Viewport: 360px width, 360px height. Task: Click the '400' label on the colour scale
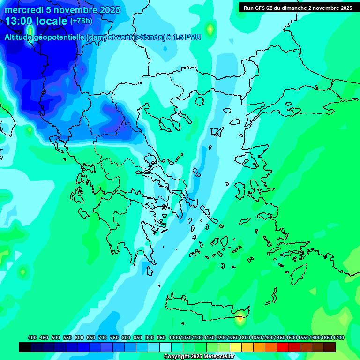pos(32,338)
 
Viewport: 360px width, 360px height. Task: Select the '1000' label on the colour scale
pos(174,338)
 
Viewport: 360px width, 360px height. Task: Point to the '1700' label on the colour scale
pos(338,338)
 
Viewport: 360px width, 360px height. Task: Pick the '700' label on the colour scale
pos(103,338)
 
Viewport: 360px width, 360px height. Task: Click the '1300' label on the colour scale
pos(244,338)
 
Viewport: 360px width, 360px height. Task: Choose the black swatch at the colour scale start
pos(25,347)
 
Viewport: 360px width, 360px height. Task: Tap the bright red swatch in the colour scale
pos(283,347)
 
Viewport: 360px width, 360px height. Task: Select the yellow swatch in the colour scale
pos(236,347)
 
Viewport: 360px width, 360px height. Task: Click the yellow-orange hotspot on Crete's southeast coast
pos(240,319)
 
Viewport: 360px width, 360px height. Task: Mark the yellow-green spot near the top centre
pos(210,29)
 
